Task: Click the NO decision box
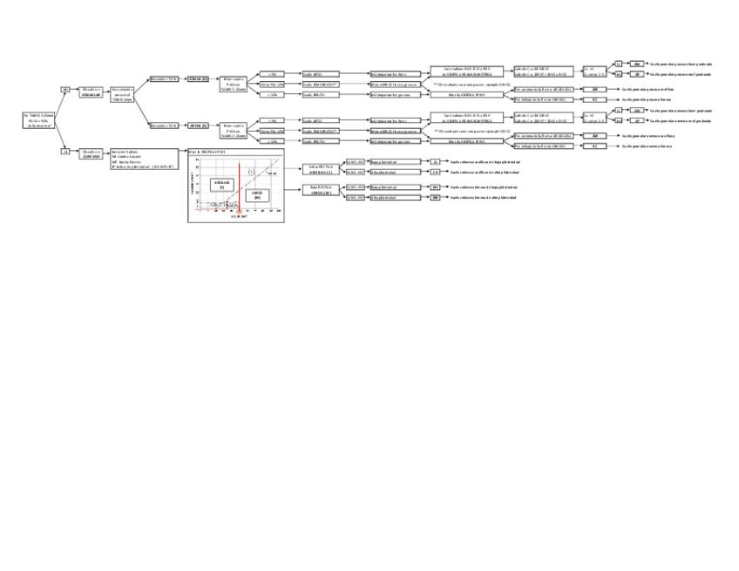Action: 64,89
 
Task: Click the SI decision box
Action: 64,151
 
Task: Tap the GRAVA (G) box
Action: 199,78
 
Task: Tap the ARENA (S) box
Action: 199,126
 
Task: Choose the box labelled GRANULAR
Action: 92,92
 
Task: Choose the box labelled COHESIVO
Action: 92,153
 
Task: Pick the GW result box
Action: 637,64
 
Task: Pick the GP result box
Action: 637,74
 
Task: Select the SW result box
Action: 637,111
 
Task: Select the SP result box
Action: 637,121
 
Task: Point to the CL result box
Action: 436,161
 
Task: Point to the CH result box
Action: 436,172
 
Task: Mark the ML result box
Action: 436,187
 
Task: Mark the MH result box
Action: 436,198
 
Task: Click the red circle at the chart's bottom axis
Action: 239,211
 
